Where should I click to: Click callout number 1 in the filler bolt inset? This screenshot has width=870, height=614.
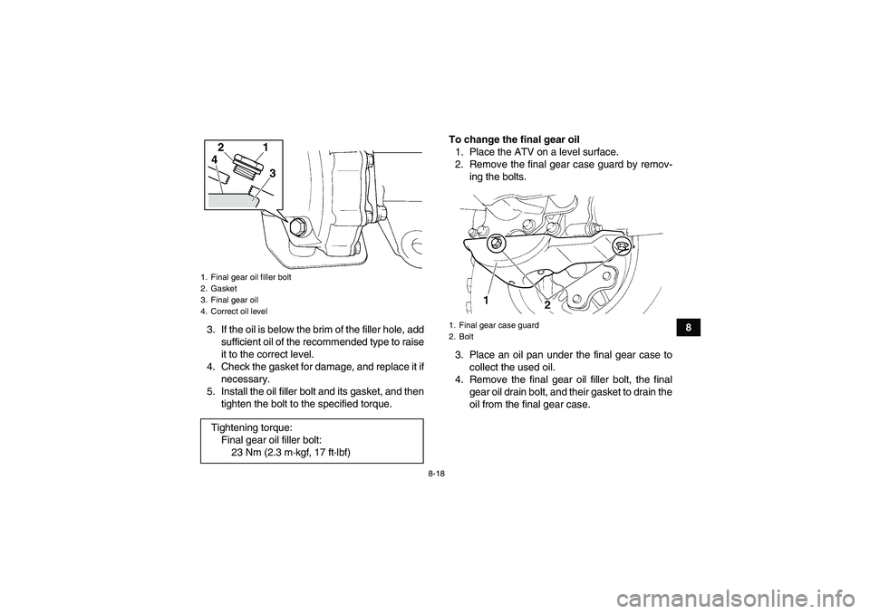pyautogui.click(x=265, y=147)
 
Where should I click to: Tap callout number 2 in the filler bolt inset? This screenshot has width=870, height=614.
pyautogui.click(x=219, y=146)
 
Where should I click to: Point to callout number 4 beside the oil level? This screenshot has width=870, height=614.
pyautogui.click(x=214, y=160)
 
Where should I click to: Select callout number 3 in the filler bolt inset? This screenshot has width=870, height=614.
pyautogui.click(x=270, y=172)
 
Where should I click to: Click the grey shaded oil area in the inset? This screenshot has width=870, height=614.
pyautogui.click(x=231, y=201)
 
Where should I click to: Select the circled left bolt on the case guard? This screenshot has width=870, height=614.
pyautogui.click(x=496, y=244)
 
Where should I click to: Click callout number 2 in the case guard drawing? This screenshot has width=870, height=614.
pyautogui.click(x=547, y=305)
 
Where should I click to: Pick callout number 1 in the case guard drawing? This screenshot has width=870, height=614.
pyautogui.click(x=487, y=299)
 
